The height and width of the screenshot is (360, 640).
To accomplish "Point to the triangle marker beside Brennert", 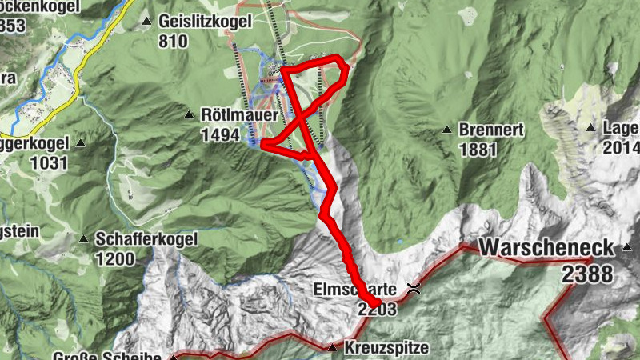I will (x=447, y=129).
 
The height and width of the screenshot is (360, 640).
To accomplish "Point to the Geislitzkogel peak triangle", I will (x=146, y=21).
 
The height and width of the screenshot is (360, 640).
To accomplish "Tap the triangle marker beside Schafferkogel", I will (x=84, y=238).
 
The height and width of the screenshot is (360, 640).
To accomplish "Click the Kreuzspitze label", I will (x=387, y=348).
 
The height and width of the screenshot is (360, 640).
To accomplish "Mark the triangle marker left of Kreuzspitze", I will (x=332, y=347).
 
